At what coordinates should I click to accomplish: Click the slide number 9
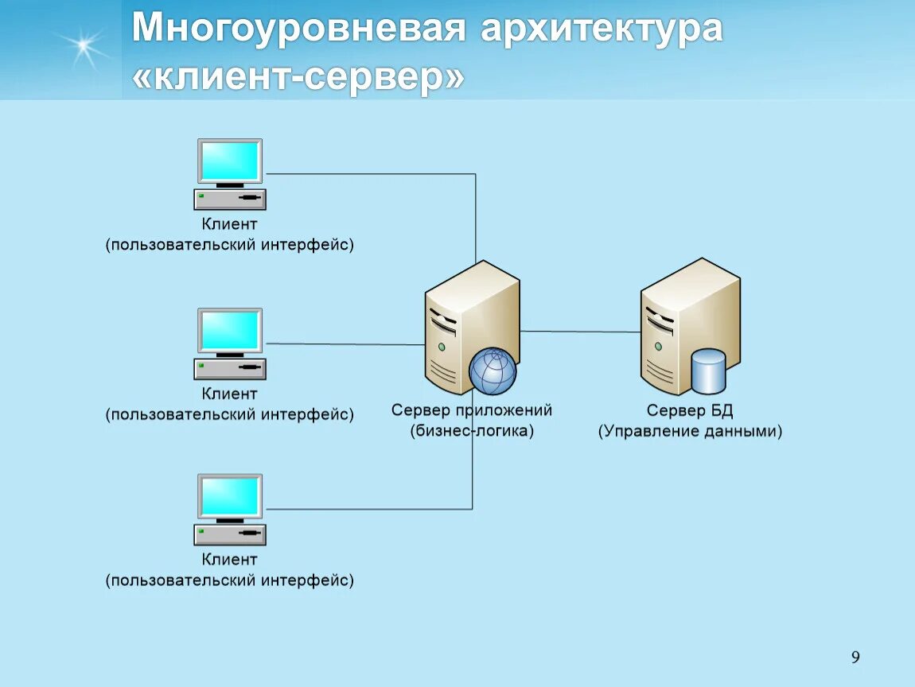pyautogui.click(x=855, y=657)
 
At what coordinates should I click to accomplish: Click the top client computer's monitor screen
pyautogui.click(x=230, y=161)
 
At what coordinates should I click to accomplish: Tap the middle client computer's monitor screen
pyautogui.click(x=230, y=330)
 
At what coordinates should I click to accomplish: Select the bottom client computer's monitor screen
pyautogui.click(x=230, y=496)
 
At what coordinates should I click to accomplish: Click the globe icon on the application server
pyautogui.click(x=493, y=371)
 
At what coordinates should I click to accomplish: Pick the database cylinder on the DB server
pyautogui.click(x=708, y=371)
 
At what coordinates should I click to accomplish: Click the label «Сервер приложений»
pyautogui.click(x=472, y=410)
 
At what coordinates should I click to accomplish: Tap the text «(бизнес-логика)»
pyautogui.click(x=472, y=431)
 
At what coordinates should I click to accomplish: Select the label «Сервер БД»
pyautogui.click(x=690, y=410)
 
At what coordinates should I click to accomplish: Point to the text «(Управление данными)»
pyautogui.click(x=690, y=431)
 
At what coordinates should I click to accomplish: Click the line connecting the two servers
pyautogui.click(x=581, y=332)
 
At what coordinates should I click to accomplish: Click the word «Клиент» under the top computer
pyautogui.click(x=229, y=224)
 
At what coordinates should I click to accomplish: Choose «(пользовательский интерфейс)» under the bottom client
pyautogui.click(x=230, y=580)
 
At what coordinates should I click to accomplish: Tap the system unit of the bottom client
pyautogui.click(x=230, y=534)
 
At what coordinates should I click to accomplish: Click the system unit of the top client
pyautogui.click(x=230, y=199)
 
